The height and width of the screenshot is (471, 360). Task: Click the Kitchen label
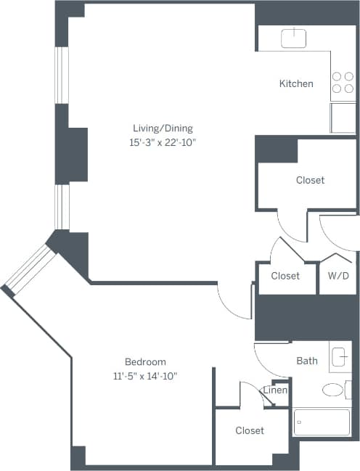296,83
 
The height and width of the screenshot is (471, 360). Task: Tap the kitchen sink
294,38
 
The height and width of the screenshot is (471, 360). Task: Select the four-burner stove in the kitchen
343,86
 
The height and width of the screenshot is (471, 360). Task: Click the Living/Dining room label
158,128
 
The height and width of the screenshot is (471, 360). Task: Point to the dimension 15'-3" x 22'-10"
158,142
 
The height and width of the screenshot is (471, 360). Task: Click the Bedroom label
145,361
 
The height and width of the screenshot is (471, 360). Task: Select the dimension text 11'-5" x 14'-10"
145,375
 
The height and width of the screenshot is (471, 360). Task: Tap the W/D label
337,276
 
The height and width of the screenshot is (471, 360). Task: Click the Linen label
276,390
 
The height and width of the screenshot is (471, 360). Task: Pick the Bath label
307,360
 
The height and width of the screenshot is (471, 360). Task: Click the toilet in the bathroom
333,390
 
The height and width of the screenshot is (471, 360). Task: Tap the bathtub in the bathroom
321,421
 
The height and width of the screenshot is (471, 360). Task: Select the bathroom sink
340,356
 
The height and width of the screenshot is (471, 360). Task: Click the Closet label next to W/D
285,276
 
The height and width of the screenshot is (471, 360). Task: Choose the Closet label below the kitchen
310,180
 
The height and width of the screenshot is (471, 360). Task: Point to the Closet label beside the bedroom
250,430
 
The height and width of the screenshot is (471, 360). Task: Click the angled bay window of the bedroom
27,269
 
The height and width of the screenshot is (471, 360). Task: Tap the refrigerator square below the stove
343,118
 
